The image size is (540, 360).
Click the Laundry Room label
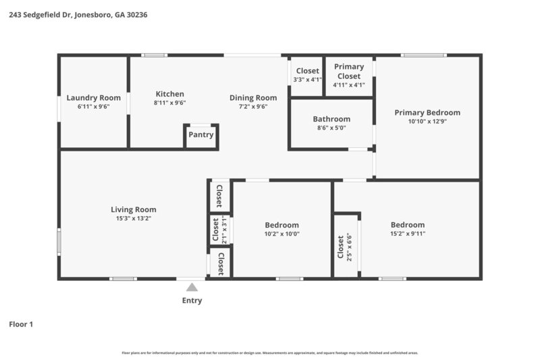coord(93,98)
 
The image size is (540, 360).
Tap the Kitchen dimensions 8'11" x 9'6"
coord(169,103)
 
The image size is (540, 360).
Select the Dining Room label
coord(253,98)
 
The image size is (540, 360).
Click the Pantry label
coord(200,134)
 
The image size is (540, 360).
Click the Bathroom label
coord(331,119)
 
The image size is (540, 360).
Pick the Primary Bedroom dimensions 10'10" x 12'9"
coord(427,122)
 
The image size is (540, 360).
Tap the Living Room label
coord(134,209)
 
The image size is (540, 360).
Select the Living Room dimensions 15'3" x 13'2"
coord(134,218)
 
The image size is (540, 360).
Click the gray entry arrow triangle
coord(192,287)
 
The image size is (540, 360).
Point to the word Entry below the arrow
coord(192,301)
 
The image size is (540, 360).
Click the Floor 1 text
coord(21,324)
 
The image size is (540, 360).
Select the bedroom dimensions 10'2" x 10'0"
coord(281,234)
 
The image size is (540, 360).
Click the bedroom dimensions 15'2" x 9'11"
coord(408,234)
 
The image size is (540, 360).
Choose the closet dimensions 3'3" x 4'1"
coord(307,80)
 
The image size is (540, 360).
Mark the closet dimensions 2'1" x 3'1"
coord(224,230)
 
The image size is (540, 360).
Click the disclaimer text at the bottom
coord(269,353)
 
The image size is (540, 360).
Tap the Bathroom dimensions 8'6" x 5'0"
coord(331,128)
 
